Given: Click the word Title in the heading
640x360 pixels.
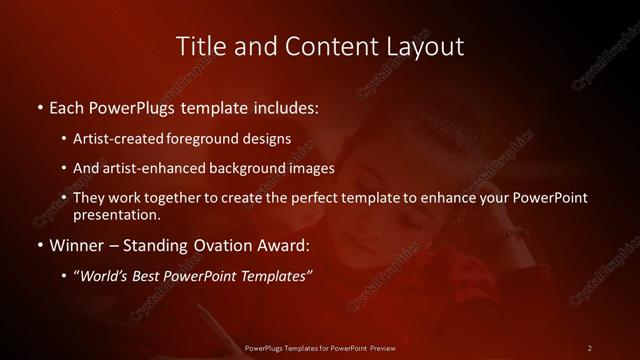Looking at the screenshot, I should click(x=198, y=46).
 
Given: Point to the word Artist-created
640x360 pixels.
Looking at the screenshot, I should click(x=113, y=138).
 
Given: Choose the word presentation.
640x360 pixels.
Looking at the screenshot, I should click(x=117, y=214).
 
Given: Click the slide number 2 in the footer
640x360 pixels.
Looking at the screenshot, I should click(x=590, y=347).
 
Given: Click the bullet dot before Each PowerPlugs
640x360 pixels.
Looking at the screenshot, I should click(x=39, y=106).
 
